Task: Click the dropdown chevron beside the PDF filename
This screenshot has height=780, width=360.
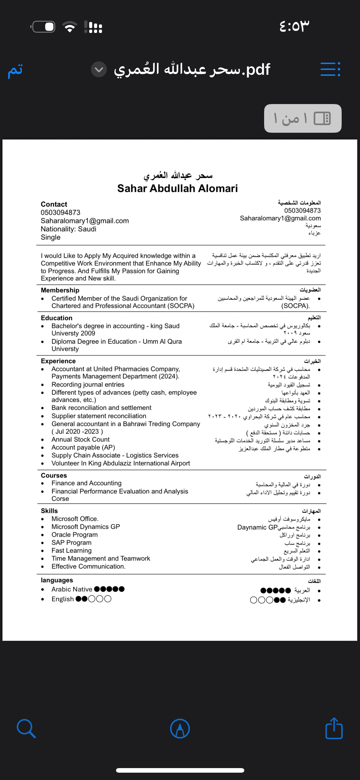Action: [99, 69]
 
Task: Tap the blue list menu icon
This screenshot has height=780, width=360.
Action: [330, 69]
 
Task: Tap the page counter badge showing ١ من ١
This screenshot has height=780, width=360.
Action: [302, 118]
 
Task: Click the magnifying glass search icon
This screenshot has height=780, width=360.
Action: [26, 728]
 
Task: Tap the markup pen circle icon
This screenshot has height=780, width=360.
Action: [180, 728]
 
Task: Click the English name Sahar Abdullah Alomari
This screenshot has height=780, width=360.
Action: [177, 189]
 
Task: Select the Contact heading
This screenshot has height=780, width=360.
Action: [54, 204]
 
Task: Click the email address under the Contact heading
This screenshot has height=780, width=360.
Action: [85, 221]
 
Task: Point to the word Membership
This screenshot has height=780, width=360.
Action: [60, 290]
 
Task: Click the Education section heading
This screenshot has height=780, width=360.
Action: [56, 318]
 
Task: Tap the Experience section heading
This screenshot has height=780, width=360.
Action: [58, 361]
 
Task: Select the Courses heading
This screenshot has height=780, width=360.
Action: [54, 475]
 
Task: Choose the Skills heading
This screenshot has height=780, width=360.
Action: [49, 511]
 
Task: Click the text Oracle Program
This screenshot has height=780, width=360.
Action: [75, 535]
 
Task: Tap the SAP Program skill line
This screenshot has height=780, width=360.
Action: [71, 543]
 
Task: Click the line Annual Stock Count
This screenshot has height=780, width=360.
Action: [81, 439]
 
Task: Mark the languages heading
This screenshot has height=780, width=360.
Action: [57, 580]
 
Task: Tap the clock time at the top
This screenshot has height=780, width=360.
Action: [294, 26]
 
